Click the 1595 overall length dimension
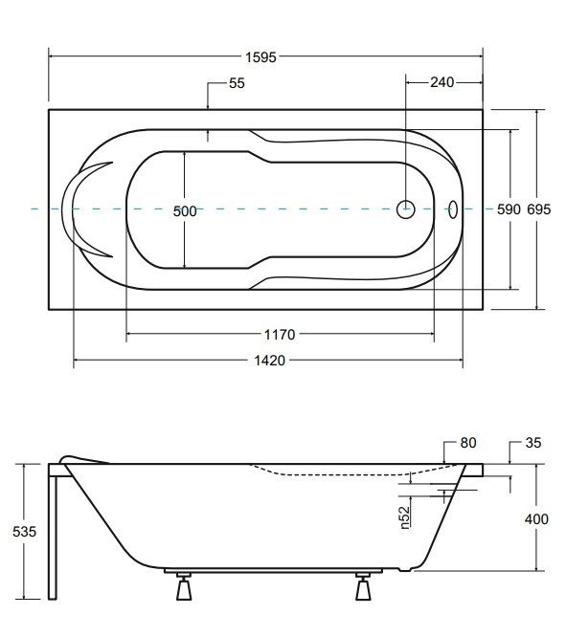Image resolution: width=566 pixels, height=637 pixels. pos(260,57)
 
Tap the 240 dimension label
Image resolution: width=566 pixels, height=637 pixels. pos(442,82)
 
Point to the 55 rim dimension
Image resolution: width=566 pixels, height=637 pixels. pos(237,83)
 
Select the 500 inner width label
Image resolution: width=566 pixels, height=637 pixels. pos(185,211)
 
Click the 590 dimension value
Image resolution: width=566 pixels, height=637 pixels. pos(509,209)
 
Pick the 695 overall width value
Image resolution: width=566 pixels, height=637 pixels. pos(539,209)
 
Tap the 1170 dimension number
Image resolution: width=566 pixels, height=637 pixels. pos(280,335)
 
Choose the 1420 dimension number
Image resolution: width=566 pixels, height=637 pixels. pos(269,361)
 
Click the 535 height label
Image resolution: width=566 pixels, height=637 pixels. pos(24,532)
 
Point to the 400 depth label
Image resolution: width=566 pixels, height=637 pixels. pos(536,519)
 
